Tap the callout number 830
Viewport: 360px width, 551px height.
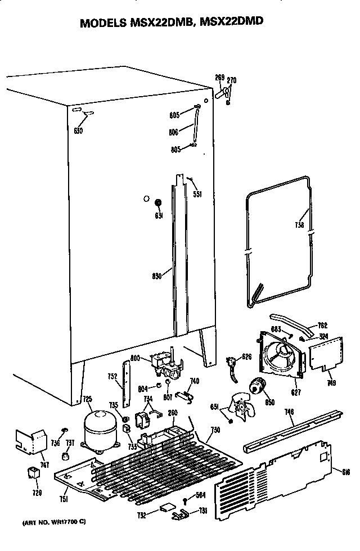157,275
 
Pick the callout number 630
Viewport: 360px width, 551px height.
78,131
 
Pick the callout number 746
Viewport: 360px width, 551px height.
289,413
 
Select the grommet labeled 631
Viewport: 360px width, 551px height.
158,202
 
